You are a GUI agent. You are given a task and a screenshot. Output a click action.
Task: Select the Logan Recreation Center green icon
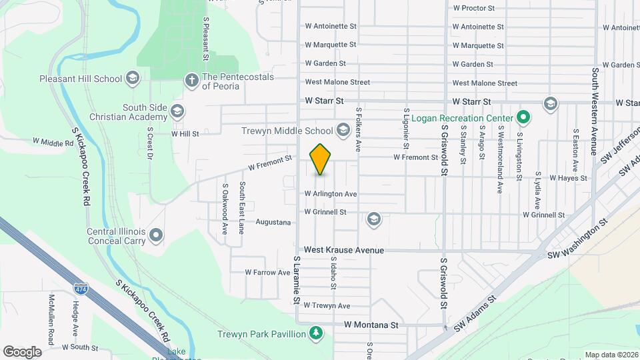(523, 118)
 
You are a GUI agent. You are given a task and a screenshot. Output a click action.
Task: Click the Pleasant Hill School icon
(132, 79)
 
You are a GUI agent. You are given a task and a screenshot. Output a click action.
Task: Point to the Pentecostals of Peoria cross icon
(191, 81)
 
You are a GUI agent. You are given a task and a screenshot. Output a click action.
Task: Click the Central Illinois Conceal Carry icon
(156, 235)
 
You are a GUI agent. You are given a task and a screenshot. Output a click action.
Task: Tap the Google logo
(22, 351)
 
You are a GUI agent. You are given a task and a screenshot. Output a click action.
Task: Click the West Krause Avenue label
(344, 250)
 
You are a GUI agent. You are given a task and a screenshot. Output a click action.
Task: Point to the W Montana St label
(371, 325)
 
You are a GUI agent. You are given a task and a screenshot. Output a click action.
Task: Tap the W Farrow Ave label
(266, 273)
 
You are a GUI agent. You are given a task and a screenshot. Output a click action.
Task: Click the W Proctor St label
(473, 9)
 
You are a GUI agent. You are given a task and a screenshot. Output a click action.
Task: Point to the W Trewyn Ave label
(326, 305)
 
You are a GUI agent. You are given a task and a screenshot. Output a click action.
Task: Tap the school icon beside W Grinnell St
(374, 218)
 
